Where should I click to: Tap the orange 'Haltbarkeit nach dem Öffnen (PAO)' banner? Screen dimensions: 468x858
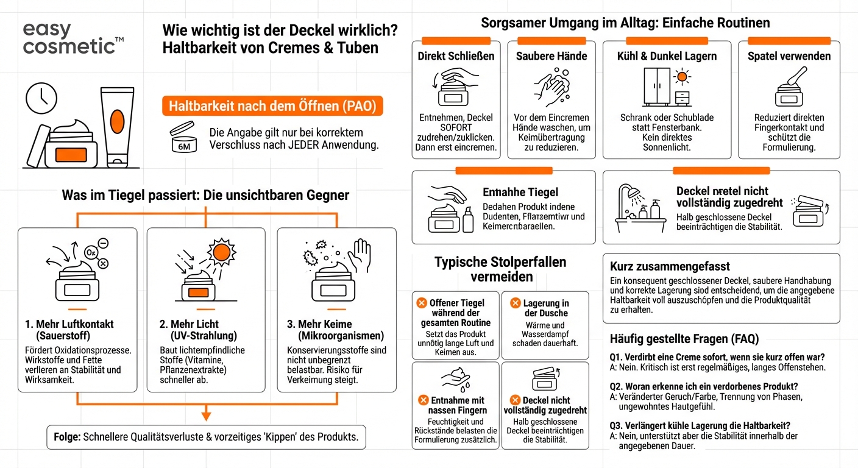[x=272, y=107]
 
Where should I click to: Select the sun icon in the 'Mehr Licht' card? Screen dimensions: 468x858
[x=221, y=252]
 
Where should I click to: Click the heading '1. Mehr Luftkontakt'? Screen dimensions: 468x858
[x=69, y=324]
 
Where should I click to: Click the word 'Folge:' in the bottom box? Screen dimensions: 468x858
[x=66, y=437]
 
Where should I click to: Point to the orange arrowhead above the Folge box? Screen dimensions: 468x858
[x=206, y=416]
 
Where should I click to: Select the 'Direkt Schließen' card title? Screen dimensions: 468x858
[x=456, y=56]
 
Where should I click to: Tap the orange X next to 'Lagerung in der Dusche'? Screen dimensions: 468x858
[x=515, y=303]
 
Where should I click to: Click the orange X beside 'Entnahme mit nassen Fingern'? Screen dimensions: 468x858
[x=422, y=400]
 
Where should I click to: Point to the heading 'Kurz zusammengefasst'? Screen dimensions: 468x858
[x=670, y=266]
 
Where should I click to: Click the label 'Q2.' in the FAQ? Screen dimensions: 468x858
[x=617, y=386]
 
